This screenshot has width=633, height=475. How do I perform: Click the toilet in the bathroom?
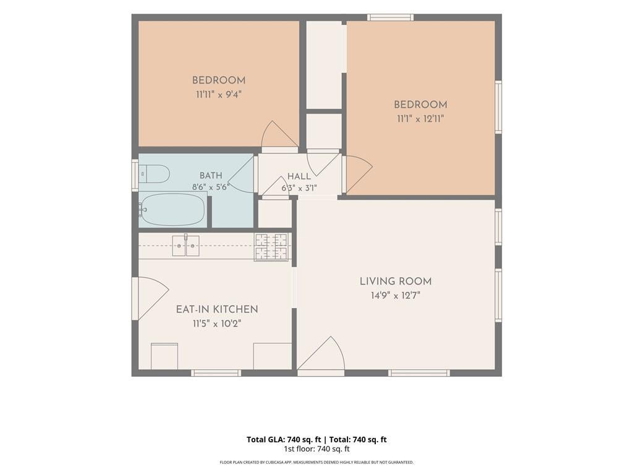tap(154, 174)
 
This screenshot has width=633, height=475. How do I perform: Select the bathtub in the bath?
tap(172, 209)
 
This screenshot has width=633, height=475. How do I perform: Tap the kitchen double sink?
tap(186, 246)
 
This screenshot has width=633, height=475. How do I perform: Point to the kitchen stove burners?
tap(271, 247)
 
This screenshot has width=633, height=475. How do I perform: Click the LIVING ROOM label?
tap(396, 281)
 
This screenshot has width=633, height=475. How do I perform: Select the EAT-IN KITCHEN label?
tap(217, 309)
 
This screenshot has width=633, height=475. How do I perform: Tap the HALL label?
tap(299, 176)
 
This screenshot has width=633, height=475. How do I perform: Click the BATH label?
tap(211, 175)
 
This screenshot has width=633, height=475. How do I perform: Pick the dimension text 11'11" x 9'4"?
tap(219, 95)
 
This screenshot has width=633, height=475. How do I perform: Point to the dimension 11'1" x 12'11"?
tap(420, 119)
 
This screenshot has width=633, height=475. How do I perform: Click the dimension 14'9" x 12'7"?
tap(396, 296)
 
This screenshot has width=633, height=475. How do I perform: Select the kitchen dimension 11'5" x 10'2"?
tap(217, 323)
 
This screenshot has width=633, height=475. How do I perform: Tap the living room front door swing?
tap(321, 353)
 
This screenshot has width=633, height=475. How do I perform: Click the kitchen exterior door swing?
tap(153, 297)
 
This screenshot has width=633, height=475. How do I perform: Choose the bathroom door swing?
tap(241, 175)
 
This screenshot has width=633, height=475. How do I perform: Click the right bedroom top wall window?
tap(391, 17)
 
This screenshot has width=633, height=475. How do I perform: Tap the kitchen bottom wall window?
tap(216, 373)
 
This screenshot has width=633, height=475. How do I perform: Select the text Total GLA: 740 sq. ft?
tap(284, 440)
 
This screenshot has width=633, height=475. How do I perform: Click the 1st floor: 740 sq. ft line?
tap(316, 449)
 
